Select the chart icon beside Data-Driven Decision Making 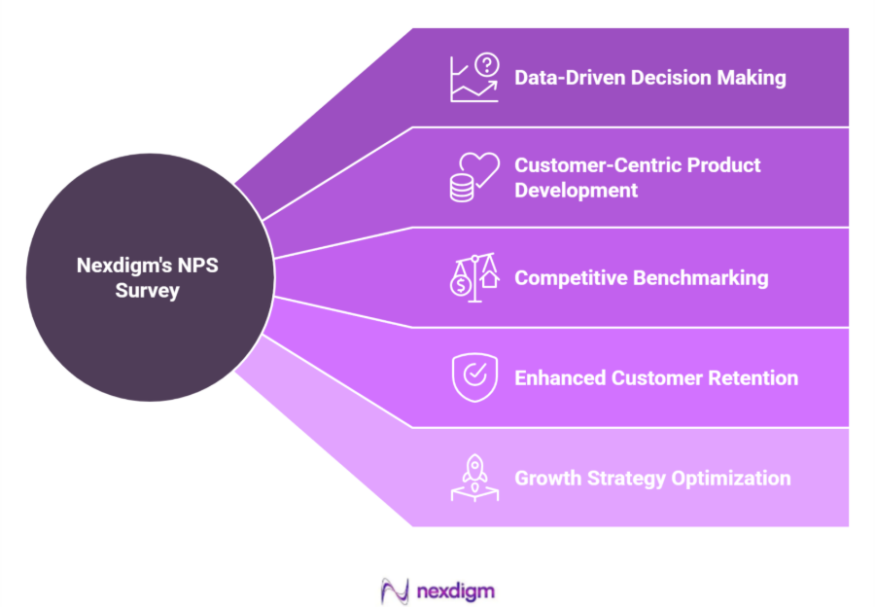473,78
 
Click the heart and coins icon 473,177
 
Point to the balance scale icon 473,278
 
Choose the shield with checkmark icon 473,378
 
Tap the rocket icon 473,479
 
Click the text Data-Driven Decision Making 649,78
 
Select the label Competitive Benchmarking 641,278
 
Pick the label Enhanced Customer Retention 656,378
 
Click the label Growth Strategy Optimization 652,479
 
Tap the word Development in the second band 576,190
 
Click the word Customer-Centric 592,164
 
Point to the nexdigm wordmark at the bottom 455,590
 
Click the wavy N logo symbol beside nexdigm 394,589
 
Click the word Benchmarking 700,278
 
